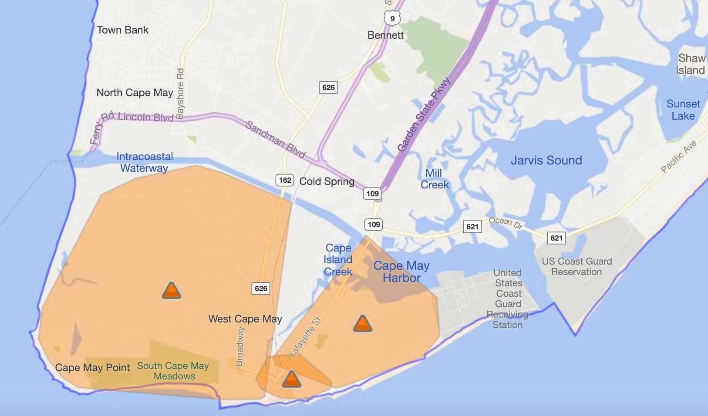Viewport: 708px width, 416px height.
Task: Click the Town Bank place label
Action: point(122,30)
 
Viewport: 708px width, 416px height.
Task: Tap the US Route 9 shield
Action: point(392,18)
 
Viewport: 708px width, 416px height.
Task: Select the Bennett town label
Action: point(385,35)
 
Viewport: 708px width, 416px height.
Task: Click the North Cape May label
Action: point(135,93)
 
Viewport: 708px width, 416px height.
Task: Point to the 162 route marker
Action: point(285,180)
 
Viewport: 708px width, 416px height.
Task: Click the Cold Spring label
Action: point(327,181)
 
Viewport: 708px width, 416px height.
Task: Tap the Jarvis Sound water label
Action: point(546,160)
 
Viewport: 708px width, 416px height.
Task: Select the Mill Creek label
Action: point(434,179)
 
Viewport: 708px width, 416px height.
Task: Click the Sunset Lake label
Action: point(683,110)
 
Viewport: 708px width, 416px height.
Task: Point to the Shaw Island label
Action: point(691,64)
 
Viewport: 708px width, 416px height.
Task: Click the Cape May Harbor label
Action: point(401,272)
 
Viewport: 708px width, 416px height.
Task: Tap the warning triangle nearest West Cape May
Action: point(172,290)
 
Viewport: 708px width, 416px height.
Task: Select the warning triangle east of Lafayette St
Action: point(362,324)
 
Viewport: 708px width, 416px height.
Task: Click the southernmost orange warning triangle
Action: point(291,379)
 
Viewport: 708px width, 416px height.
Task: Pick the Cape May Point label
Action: point(92,368)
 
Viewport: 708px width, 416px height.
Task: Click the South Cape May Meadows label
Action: point(173,371)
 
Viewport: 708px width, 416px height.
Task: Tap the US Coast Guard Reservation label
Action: point(577,266)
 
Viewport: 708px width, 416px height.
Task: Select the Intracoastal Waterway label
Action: point(145,162)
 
